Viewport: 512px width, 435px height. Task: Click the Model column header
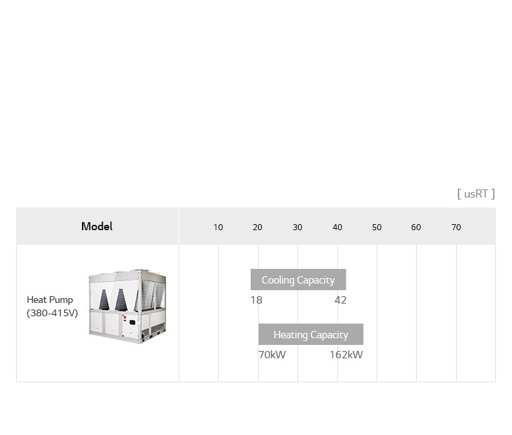[97, 227]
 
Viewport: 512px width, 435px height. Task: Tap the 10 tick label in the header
[218, 228]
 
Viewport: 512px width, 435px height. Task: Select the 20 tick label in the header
[257, 228]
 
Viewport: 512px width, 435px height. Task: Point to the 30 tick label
[297, 228]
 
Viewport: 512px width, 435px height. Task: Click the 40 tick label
[337, 228]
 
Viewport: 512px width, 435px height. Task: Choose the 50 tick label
[377, 228]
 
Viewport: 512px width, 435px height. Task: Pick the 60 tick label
[416, 228]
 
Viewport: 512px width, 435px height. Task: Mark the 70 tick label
[456, 228]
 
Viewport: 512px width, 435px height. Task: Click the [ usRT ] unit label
[476, 194]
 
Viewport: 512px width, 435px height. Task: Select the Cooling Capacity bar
[298, 280]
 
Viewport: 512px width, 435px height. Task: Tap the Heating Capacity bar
[311, 335]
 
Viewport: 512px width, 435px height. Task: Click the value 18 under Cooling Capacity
[257, 300]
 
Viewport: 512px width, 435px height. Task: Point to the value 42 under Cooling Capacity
[341, 300]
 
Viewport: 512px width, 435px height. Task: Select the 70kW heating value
[272, 355]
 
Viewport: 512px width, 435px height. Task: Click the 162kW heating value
[346, 355]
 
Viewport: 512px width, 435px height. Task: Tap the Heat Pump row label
[50, 300]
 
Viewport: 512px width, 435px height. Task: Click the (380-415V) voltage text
[53, 313]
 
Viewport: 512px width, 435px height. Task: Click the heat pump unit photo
[127, 306]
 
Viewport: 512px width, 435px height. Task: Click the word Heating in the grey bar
[291, 335]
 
